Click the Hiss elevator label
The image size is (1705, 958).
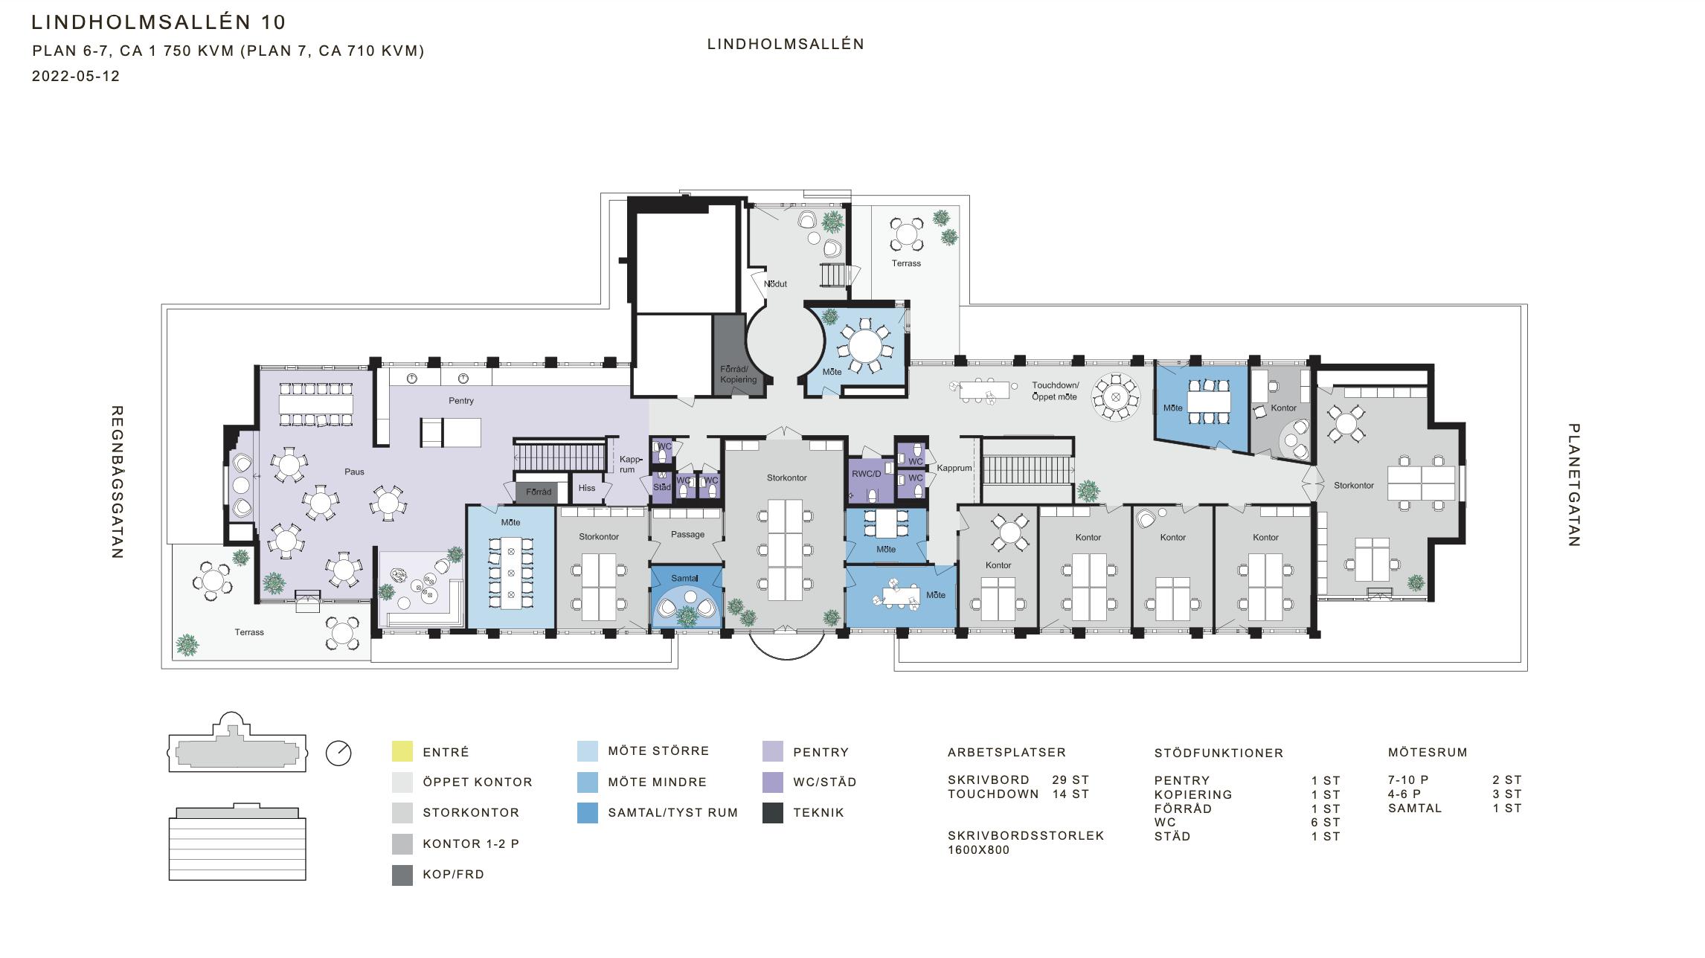[586, 488]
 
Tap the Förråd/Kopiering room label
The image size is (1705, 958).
[738, 374]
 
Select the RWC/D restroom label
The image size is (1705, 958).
[866, 474]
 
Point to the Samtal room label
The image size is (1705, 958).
[684, 578]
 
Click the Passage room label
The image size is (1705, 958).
[687, 534]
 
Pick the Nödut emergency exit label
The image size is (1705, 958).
[775, 283]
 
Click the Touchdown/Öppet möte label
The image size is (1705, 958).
[1055, 391]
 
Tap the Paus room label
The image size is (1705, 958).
[354, 472]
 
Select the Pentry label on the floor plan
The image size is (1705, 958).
[461, 400]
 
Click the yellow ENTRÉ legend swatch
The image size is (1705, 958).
[402, 751]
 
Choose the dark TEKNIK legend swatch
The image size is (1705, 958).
[773, 813]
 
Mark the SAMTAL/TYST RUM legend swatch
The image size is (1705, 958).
[588, 813]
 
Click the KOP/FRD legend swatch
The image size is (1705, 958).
[402, 875]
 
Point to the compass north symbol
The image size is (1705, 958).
[338, 753]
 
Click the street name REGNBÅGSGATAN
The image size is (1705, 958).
[117, 482]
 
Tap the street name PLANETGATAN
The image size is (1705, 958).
[1574, 485]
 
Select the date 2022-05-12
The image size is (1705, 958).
[76, 76]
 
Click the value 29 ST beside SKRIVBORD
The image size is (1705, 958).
[1070, 780]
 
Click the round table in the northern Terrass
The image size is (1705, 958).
[906, 234]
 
